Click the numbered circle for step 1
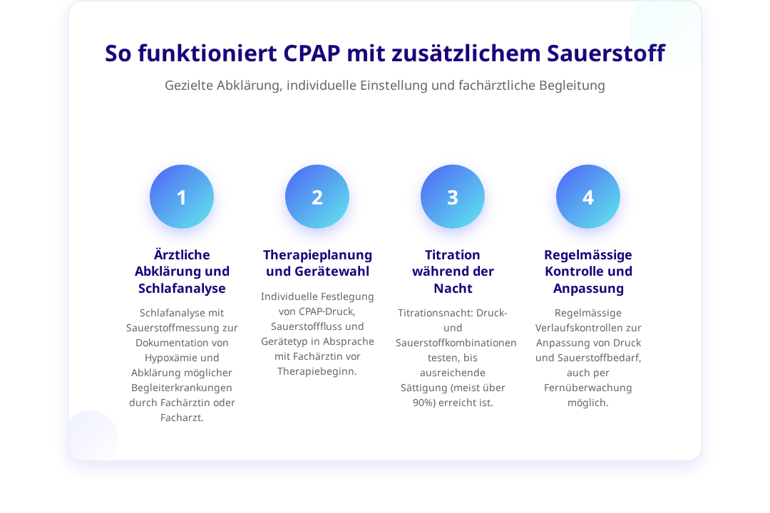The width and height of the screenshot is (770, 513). point(182,197)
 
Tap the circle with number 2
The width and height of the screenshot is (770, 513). point(317,197)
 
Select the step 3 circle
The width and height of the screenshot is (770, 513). point(453,197)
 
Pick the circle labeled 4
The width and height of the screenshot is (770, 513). point(587,197)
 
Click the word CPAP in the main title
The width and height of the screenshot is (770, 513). point(312,53)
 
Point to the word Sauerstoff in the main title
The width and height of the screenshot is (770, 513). point(606,53)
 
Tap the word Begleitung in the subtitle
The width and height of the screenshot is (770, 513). point(572,86)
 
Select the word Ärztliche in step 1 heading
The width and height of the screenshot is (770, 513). point(182,254)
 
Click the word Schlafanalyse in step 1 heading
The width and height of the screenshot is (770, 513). point(182,288)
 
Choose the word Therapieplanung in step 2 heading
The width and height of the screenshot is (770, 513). point(318,255)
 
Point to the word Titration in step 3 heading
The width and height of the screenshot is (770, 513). point(452,255)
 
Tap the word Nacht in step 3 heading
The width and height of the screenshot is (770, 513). point(453,288)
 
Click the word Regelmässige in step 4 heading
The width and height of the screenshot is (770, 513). point(587,255)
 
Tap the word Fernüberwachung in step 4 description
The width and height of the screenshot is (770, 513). point(587,388)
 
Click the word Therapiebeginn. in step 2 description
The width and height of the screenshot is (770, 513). point(317,372)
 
